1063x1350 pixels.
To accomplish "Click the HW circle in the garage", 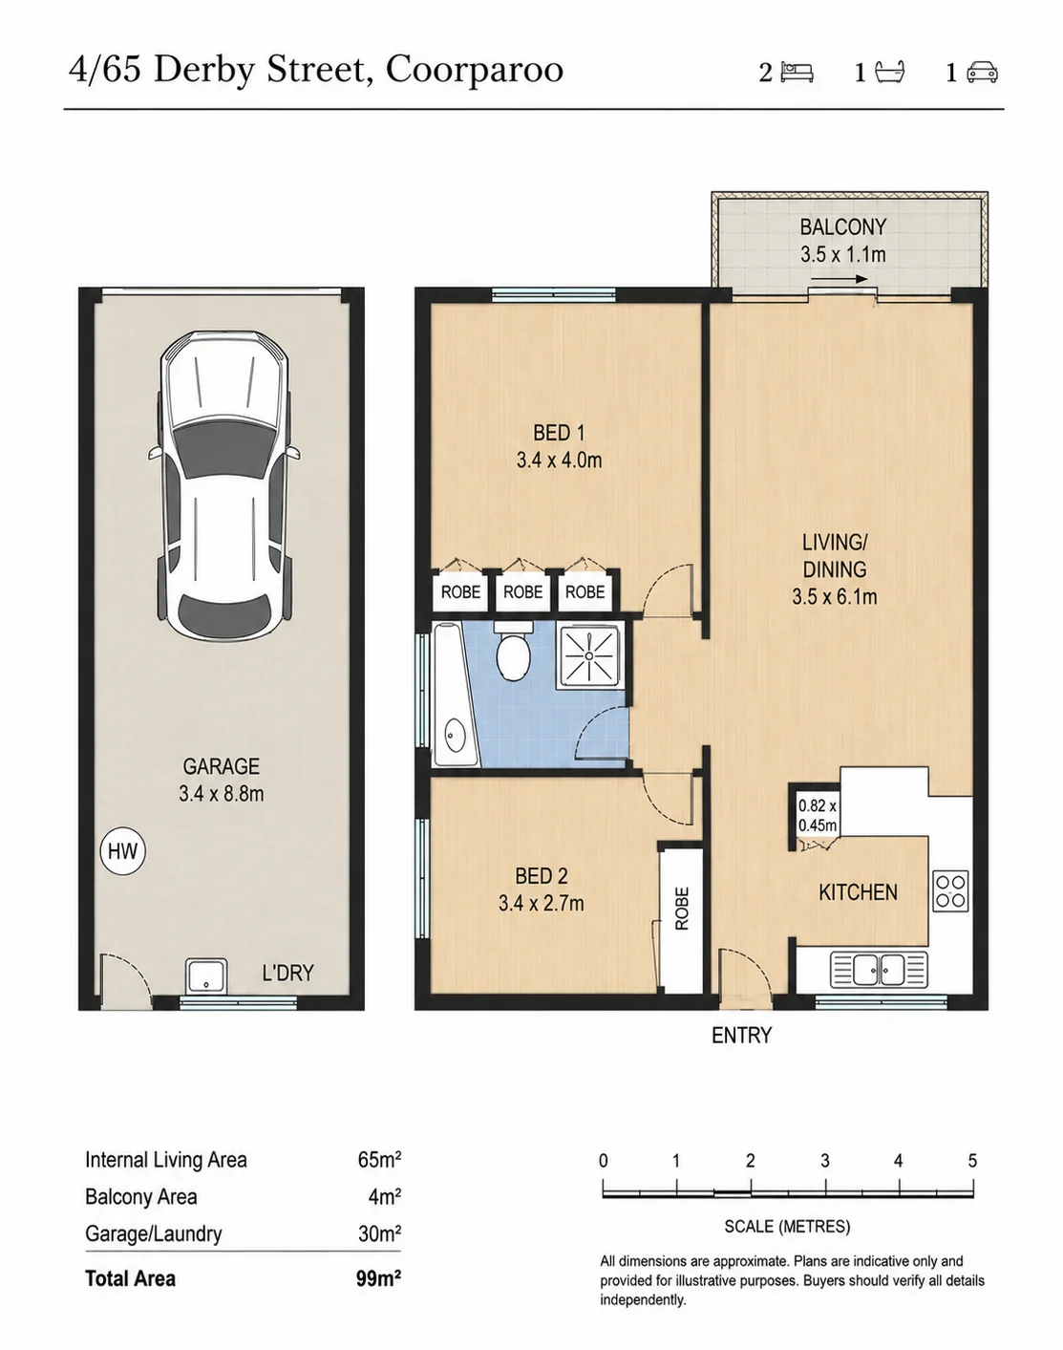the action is click(x=123, y=851).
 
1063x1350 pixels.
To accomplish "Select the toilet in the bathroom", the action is click(x=514, y=651).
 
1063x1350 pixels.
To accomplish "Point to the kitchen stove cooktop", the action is click(x=950, y=891).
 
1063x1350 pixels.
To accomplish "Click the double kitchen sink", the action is click(x=879, y=970).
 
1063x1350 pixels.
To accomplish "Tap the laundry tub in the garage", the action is click(x=206, y=975).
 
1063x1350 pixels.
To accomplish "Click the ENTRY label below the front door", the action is click(x=741, y=1035).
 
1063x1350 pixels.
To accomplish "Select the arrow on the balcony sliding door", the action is click(x=840, y=280).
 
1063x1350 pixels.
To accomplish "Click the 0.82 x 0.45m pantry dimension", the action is click(x=818, y=816).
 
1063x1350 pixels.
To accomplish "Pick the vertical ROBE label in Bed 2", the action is click(x=682, y=908).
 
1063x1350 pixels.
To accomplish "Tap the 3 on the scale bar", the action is click(x=824, y=1161).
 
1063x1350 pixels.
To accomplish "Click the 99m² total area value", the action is click(x=378, y=1278).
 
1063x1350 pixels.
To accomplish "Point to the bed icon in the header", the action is click(x=797, y=73).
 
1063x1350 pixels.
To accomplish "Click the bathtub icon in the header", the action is click(x=889, y=73).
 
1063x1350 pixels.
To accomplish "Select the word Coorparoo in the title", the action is click(x=474, y=71).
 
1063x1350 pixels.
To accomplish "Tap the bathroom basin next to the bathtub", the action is click(x=454, y=735).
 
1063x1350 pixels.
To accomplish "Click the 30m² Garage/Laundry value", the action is click(x=379, y=1233).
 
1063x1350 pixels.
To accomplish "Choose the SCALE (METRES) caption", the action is click(x=787, y=1227).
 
